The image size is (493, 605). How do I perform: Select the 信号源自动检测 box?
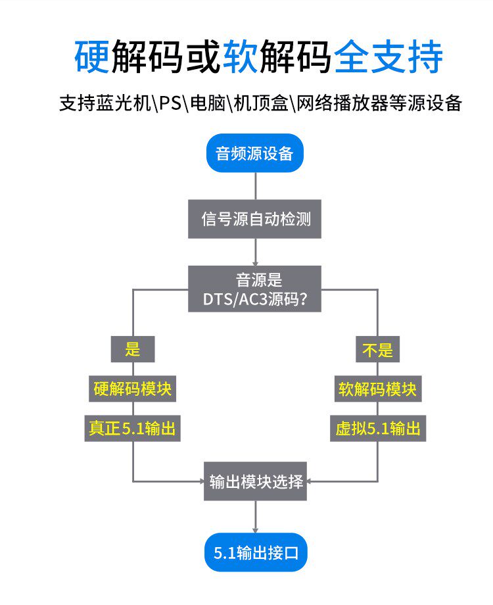(x=254, y=219)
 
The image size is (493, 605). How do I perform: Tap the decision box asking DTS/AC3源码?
(x=254, y=289)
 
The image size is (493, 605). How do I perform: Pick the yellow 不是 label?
(x=377, y=349)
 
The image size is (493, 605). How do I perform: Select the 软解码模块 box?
(x=377, y=389)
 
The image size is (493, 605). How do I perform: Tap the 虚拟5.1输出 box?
(x=377, y=429)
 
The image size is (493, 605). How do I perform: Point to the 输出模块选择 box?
(x=255, y=481)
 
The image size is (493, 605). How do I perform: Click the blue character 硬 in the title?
(x=91, y=58)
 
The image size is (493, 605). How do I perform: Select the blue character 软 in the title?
(x=242, y=58)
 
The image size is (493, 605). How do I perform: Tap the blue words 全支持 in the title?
(x=388, y=58)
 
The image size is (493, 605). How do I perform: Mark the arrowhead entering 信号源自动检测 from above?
(x=255, y=195)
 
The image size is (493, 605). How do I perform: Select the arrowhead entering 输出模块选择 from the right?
(x=310, y=481)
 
